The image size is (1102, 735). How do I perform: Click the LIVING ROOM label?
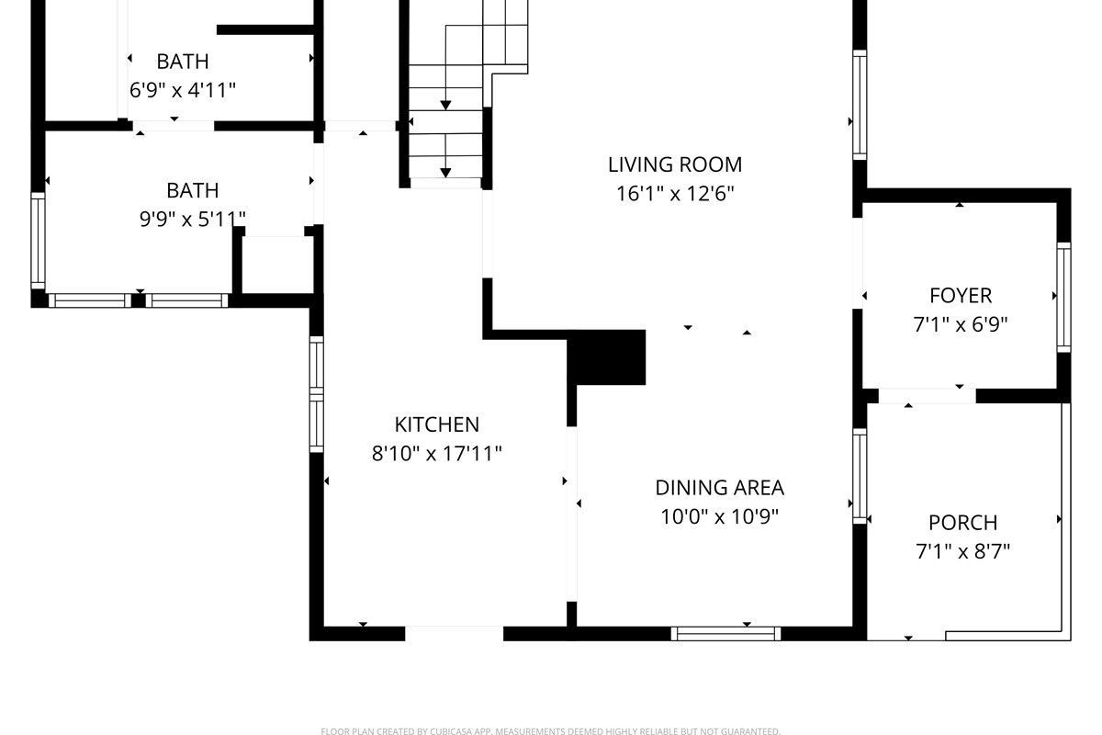pyautogui.click(x=674, y=164)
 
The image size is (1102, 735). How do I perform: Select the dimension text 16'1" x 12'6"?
pyautogui.click(x=674, y=194)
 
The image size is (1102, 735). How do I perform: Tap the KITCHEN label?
pyautogui.click(x=436, y=424)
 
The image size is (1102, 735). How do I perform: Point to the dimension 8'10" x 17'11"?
pyautogui.click(x=436, y=453)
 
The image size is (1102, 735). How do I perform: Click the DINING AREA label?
pyautogui.click(x=719, y=488)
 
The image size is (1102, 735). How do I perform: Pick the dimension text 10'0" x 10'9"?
pyautogui.click(x=719, y=516)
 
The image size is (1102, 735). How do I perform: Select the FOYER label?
pyautogui.click(x=961, y=296)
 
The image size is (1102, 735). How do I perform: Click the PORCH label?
pyautogui.click(x=962, y=523)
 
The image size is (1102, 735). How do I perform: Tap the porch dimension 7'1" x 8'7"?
pyautogui.click(x=962, y=551)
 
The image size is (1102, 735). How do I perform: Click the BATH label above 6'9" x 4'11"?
pyautogui.click(x=182, y=62)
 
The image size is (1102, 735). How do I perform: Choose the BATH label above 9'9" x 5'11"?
pyautogui.click(x=192, y=190)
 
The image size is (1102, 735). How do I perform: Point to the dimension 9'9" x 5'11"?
pyautogui.click(x=192, y=219)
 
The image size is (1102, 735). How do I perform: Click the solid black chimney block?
pyautogui.click(x=607, y=357)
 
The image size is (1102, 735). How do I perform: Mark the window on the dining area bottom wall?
pyautogui.click(x=725, y=633)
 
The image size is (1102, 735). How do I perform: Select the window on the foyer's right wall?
pyautogui.click(x=1063, y=297)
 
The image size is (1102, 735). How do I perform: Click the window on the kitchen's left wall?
pyautogui.click(x=317, y=393)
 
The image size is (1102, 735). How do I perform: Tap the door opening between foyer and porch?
pyautogui.click(x=927, y=396)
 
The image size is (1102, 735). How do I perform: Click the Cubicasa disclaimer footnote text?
pyautogui.click(x=550, y=731)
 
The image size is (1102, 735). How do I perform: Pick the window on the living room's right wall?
pyautogui.click(x=860, y=105)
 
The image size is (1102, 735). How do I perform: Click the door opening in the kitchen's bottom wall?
pyautogui.click(x=454, y=633)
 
